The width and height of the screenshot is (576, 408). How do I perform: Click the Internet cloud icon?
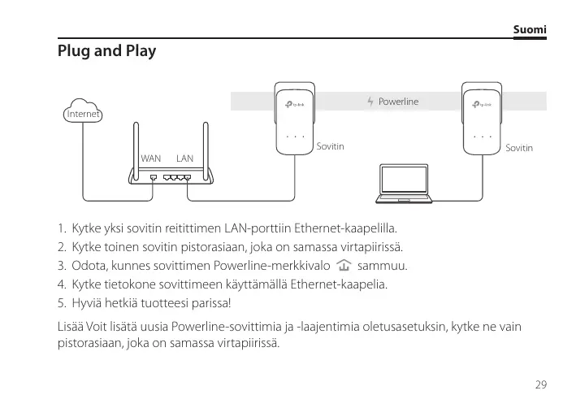pyautogui.click(x=83, y=113)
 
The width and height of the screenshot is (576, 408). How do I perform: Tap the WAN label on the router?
pyautogui.click(x=151, y=158)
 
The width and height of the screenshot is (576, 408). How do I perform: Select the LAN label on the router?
pyautogui.click(x=184, y=158)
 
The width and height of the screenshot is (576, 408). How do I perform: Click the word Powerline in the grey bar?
pyautogui.click(x=399, y=102)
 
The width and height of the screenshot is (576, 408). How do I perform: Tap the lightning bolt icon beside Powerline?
pyautogui.click(x=371, y=102)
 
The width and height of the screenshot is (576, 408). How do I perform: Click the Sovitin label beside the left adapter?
pyautogui.click(x=331, y=147)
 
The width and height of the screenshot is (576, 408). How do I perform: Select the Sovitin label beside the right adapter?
pyautogui.click(x=519, y=148)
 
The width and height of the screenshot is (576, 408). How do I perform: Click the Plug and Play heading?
pyautogui.click(x=106, y=51)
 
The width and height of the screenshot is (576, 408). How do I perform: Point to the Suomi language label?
pyautogui.click(x=530, y=30)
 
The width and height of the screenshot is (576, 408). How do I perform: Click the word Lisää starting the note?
pyautogui.click(x=70, y=326)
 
